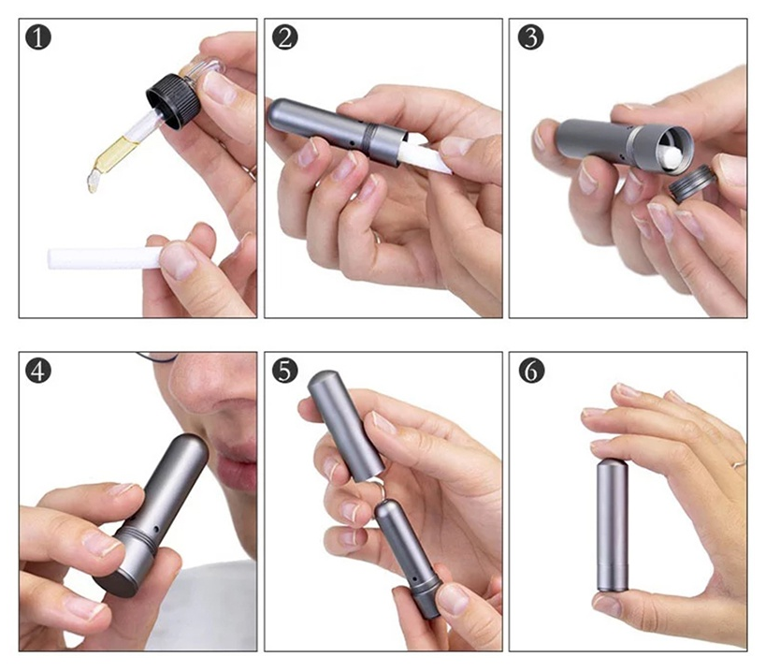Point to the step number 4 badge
coord(39,371)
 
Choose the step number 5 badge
coord(284,371)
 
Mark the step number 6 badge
coord(530,371)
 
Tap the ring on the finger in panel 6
coord(738,461)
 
